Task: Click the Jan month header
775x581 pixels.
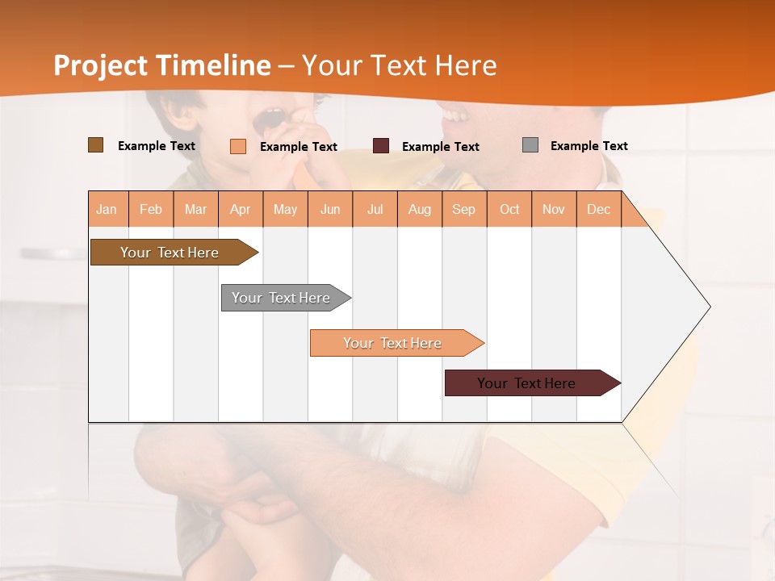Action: tap(107, 209)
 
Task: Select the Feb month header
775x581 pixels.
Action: tap(151, 209)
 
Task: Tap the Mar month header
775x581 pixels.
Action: tap(195, 209)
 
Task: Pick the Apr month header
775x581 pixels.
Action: tap(241, 209)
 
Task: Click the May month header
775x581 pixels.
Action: tap(285, 209)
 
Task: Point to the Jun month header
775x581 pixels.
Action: tap(330, 209)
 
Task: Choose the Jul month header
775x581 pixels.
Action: tap(375, 209)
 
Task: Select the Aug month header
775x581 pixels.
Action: tap(420, 209)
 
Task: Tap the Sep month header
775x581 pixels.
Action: tap(464, 209)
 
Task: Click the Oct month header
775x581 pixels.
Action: tap(509, 209)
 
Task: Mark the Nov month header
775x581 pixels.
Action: tap(554, 209)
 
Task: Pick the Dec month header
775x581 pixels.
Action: tap(599, 209)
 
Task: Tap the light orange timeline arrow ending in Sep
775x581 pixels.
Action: tap(393, 343)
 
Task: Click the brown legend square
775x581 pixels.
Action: tap(96, 145)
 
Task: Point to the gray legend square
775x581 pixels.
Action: tap(530, 145)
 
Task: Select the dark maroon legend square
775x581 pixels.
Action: tap(381, 146)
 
